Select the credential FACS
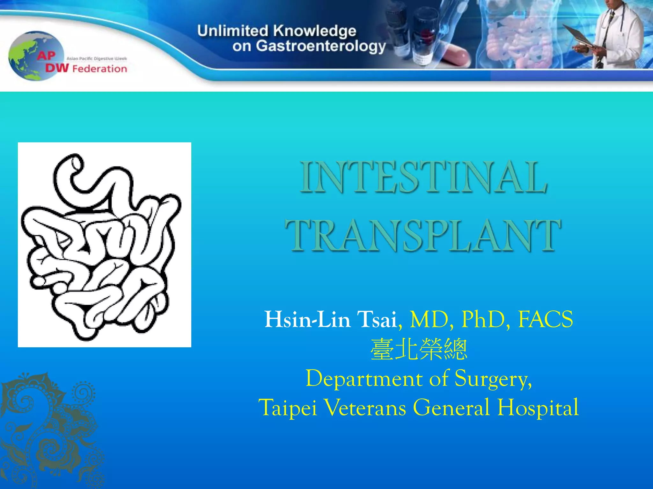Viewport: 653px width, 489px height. point(546,319)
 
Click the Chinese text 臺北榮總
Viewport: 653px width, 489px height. point(419,349)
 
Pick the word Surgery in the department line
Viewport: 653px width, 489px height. point(493,379)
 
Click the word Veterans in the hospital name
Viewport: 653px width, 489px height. point(365,407)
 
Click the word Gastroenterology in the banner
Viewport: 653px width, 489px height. point(320,46)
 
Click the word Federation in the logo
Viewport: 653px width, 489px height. point(99,69)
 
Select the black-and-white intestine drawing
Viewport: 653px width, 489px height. point(104,244)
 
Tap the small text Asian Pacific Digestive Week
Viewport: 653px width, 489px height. point(96,59)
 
